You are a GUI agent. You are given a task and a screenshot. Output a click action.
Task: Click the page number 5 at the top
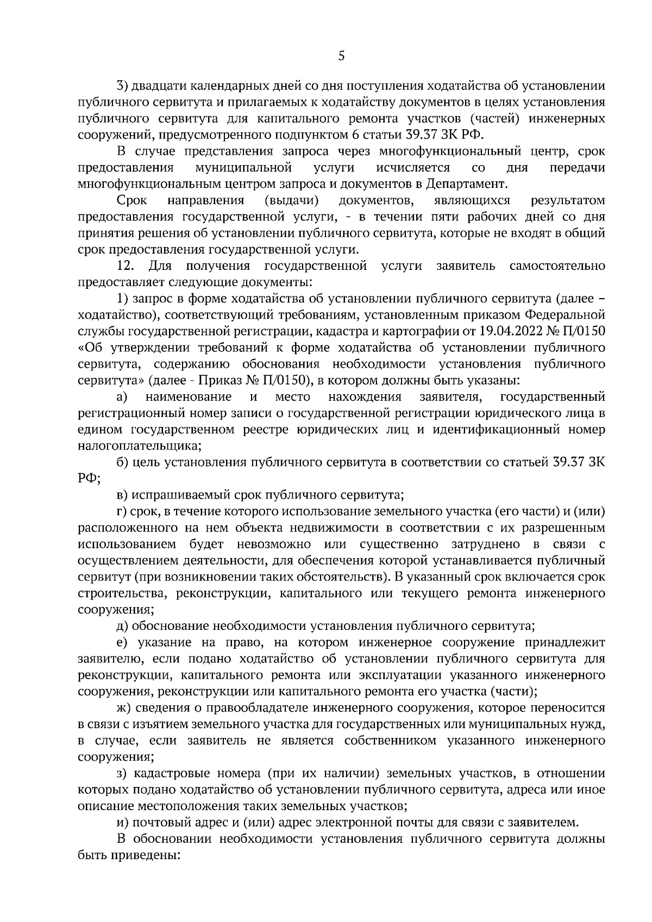pos(341,56)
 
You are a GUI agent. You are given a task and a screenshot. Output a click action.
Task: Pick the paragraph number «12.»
pos(126,266)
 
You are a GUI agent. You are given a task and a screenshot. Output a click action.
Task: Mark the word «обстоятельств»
pos(340,576)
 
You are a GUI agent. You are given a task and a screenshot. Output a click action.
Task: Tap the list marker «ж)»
pos(124,708)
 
